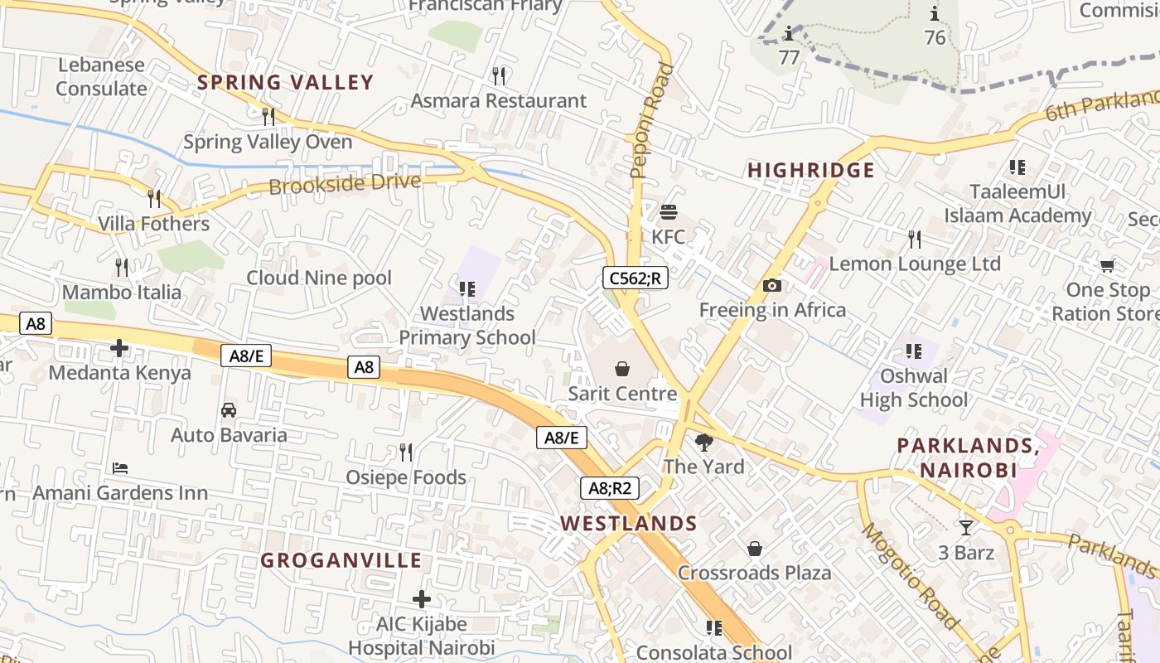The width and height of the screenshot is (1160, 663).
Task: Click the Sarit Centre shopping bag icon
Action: [621, 369]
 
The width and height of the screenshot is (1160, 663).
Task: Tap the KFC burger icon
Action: [669, 212]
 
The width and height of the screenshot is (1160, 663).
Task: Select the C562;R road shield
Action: [635, 278]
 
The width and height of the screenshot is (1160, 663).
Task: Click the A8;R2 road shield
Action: [609, 488]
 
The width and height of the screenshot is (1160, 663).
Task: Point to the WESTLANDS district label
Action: [628, 524]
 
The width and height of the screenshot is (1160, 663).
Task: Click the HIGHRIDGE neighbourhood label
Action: [810, 171]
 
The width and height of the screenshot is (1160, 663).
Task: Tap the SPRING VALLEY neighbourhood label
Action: [285, 82]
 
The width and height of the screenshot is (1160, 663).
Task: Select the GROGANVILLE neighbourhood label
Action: [341, 560]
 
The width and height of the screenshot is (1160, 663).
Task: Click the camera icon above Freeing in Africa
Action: [772, 286]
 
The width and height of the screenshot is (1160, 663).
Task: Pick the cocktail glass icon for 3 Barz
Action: [966, 527]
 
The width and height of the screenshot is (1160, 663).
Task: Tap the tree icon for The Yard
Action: [704, 443]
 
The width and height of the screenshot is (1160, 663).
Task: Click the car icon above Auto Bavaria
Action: [229, 410]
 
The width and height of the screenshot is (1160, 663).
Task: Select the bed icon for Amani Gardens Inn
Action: [120, 468]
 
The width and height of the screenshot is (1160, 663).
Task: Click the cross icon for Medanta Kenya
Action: [119, 348]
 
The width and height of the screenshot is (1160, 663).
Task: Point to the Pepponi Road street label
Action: [651, 120]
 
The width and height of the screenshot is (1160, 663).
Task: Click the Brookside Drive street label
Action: [345, 183]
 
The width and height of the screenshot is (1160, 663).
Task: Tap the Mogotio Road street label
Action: [911, 576]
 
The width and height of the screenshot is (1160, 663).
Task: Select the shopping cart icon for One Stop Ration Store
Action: [1107, 266]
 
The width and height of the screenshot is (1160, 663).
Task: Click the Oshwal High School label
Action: [913, 388]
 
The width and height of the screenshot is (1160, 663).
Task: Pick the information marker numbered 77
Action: [789, 35]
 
